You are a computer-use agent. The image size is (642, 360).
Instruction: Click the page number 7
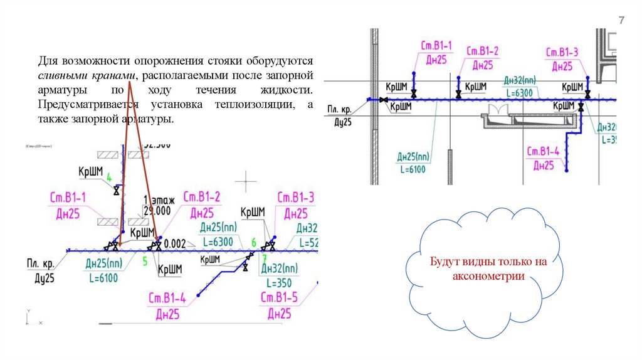coord(622,21)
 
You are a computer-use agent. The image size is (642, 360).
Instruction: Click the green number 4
coord(109,178)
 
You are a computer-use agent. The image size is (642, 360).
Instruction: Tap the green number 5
coord(145,261)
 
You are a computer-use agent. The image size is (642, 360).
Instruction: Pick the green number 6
coord(253,242)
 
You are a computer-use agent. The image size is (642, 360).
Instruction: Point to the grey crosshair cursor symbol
coord(245,179)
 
